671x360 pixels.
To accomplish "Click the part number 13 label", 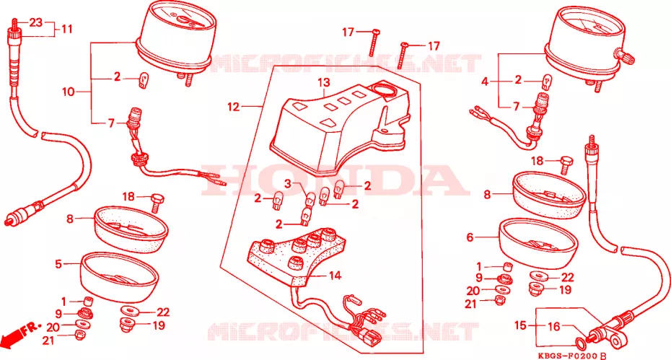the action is [324, 82].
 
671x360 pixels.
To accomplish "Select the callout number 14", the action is [335, 276].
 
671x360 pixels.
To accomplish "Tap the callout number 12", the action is [233, 107].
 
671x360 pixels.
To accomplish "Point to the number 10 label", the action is [69, 92].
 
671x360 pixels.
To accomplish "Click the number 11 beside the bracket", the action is [67, 29].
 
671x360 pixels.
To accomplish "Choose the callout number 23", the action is [36, 22].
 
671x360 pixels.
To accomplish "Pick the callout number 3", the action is [288, 184].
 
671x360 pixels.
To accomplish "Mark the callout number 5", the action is [58, 264].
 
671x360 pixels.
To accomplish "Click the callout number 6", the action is [470, 237].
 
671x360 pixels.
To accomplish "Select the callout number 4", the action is [484, 82].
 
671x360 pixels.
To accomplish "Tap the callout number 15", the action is [520, 326].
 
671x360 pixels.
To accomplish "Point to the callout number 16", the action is [554, 327].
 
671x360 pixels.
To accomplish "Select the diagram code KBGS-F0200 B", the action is [571, 356].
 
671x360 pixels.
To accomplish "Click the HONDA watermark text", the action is [335, 180].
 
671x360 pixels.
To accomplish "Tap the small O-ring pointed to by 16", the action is [581, 343].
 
